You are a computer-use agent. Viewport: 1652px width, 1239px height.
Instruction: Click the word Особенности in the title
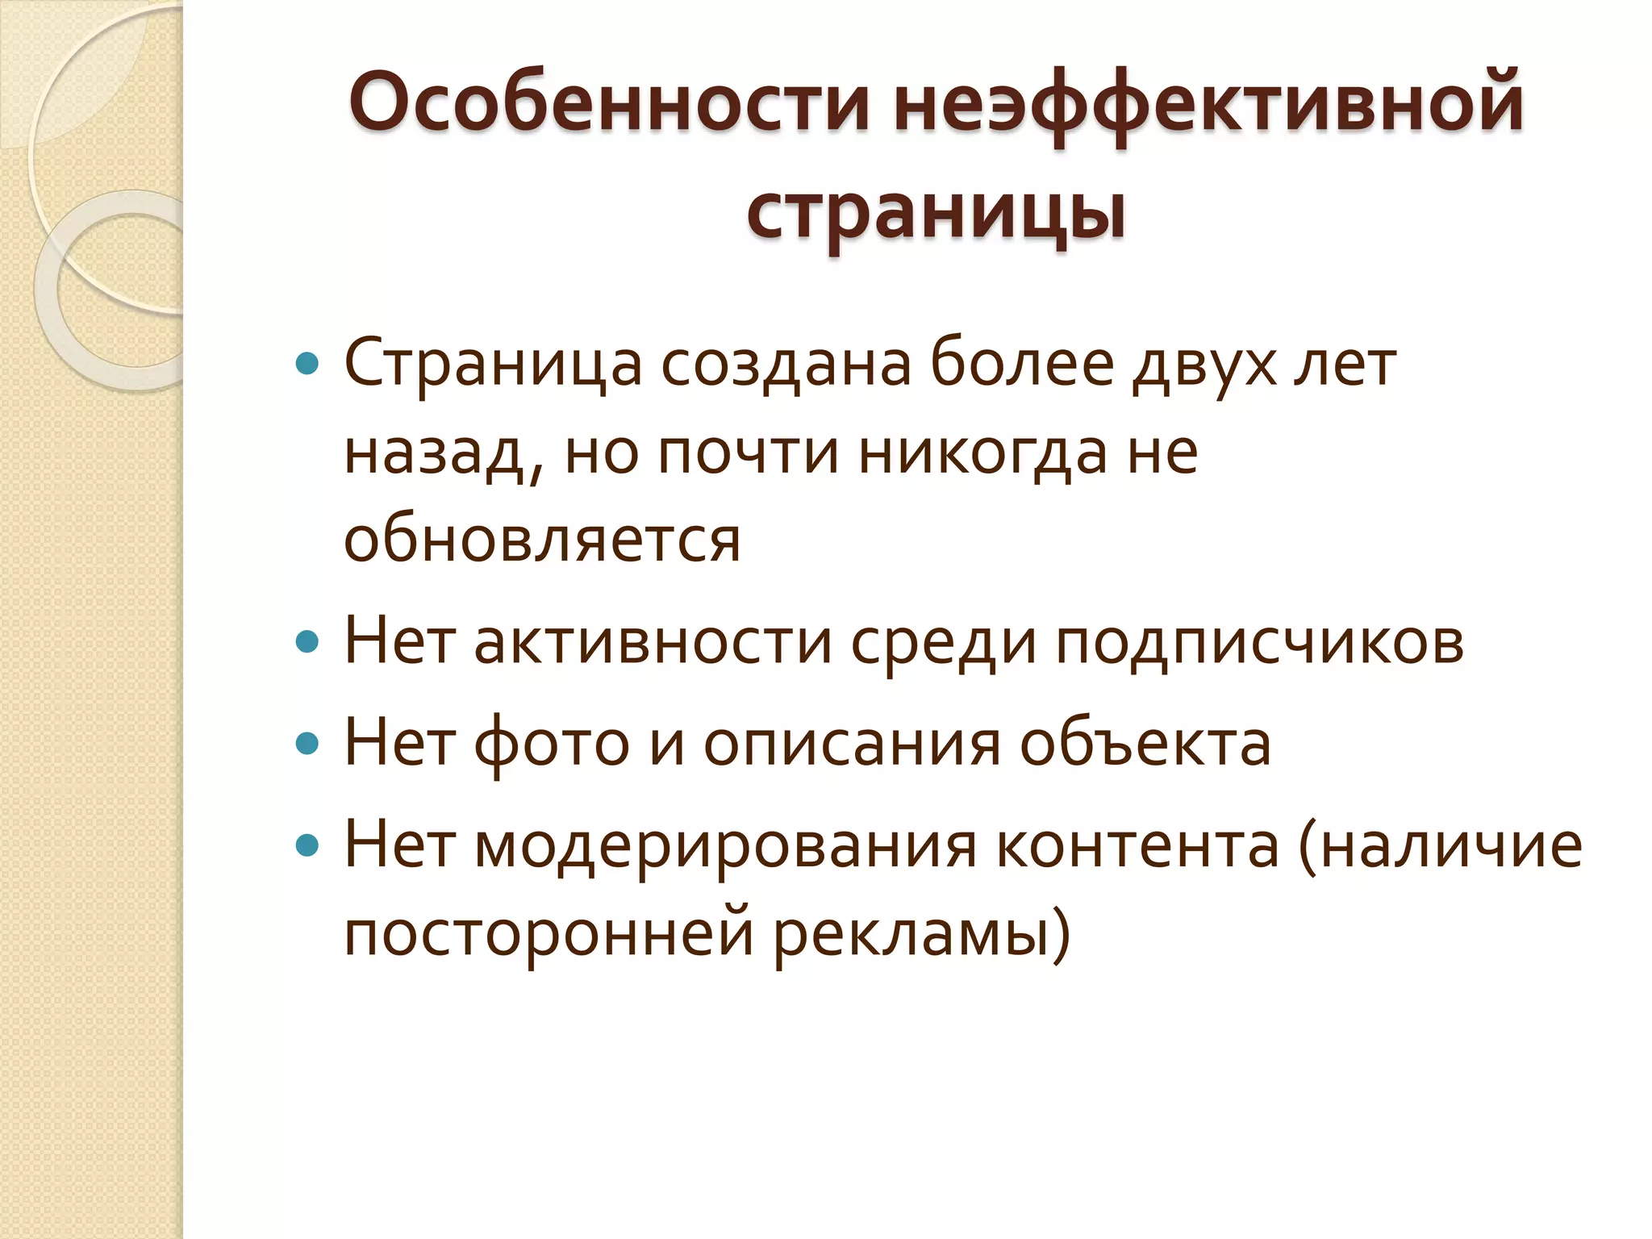pyautogui.click(x=609, y=102)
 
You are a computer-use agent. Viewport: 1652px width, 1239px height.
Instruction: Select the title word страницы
pyautogui.click(x=936, y=211)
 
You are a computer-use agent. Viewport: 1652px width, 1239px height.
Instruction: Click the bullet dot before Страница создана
pyautogui.click(x=307, y=365)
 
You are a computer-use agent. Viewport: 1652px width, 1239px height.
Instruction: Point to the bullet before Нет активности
pyautogui.click(x=307, y=643)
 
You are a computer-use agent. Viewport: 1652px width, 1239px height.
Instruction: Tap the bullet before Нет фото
pyautogui.click(x=307, y=744)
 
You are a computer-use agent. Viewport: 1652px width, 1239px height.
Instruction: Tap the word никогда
pyautogui.click(x=982, y=453)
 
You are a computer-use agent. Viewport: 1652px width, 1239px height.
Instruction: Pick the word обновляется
pyautogui.click(x=542, y=540)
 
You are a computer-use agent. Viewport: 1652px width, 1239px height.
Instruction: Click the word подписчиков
pyautogui.click(x=1259, y=643)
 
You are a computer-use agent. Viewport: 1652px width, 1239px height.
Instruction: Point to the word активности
pyautogui.click(x=653, y=643)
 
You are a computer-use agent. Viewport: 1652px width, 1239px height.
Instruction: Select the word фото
pyautogui.click(x=551, y=744)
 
